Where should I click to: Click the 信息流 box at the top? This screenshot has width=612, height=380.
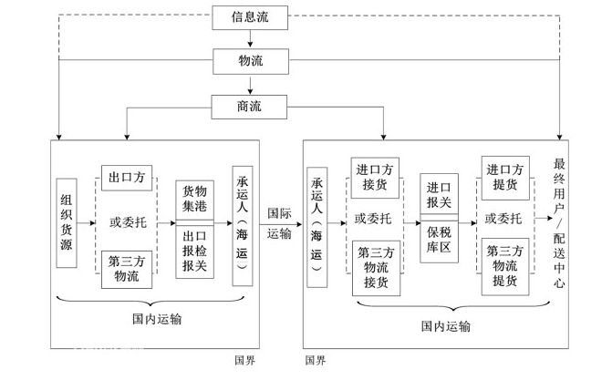(x=250, y=15)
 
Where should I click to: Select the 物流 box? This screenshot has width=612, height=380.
(x=250, y=60)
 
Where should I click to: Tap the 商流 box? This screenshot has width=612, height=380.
(x=250, y=106)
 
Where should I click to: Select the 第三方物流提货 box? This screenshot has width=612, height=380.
(x=504, y=266)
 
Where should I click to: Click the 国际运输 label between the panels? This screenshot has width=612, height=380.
(x=280, y=223)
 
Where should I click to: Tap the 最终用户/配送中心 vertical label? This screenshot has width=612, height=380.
(x=559, y=223)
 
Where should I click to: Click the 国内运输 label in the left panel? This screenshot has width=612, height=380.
(x=156, y=318)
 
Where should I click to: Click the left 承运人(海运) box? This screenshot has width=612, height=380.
(x=243, y=223)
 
